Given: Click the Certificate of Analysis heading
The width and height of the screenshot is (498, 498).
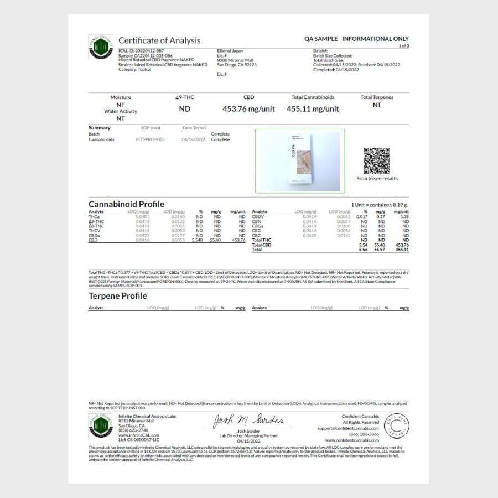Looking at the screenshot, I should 159,40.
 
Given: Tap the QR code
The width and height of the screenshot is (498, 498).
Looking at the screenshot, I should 377,161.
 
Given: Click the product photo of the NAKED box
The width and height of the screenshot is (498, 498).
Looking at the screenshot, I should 300,161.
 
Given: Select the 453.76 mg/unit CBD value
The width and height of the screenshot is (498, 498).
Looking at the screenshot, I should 248,109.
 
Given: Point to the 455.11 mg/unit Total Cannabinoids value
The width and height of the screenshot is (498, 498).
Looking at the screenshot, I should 313,109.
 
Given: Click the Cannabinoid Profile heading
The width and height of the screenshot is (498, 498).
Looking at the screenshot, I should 126,204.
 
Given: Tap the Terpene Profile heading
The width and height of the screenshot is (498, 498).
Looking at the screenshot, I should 117,296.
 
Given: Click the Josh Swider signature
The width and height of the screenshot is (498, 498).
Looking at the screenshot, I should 248,421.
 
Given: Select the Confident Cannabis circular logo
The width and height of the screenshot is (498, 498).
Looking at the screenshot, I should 396,425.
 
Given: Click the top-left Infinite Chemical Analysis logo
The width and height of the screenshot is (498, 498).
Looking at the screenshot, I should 101,47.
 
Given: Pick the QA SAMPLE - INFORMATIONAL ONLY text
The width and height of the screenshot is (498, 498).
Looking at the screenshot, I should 356,39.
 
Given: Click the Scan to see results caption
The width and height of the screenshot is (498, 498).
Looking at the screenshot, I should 377,179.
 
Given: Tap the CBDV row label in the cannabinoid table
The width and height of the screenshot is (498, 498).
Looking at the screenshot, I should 257,217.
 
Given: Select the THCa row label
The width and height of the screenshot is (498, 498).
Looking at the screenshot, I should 94,217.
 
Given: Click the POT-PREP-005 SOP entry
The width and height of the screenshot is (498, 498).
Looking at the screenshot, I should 150,139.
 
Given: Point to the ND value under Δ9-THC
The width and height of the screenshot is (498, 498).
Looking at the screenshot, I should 185,109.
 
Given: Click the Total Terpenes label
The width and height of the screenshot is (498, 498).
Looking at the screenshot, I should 377,97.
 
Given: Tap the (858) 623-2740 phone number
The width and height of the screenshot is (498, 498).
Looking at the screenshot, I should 133,430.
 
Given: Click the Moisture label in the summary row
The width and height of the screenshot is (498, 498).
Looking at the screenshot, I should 121,97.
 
